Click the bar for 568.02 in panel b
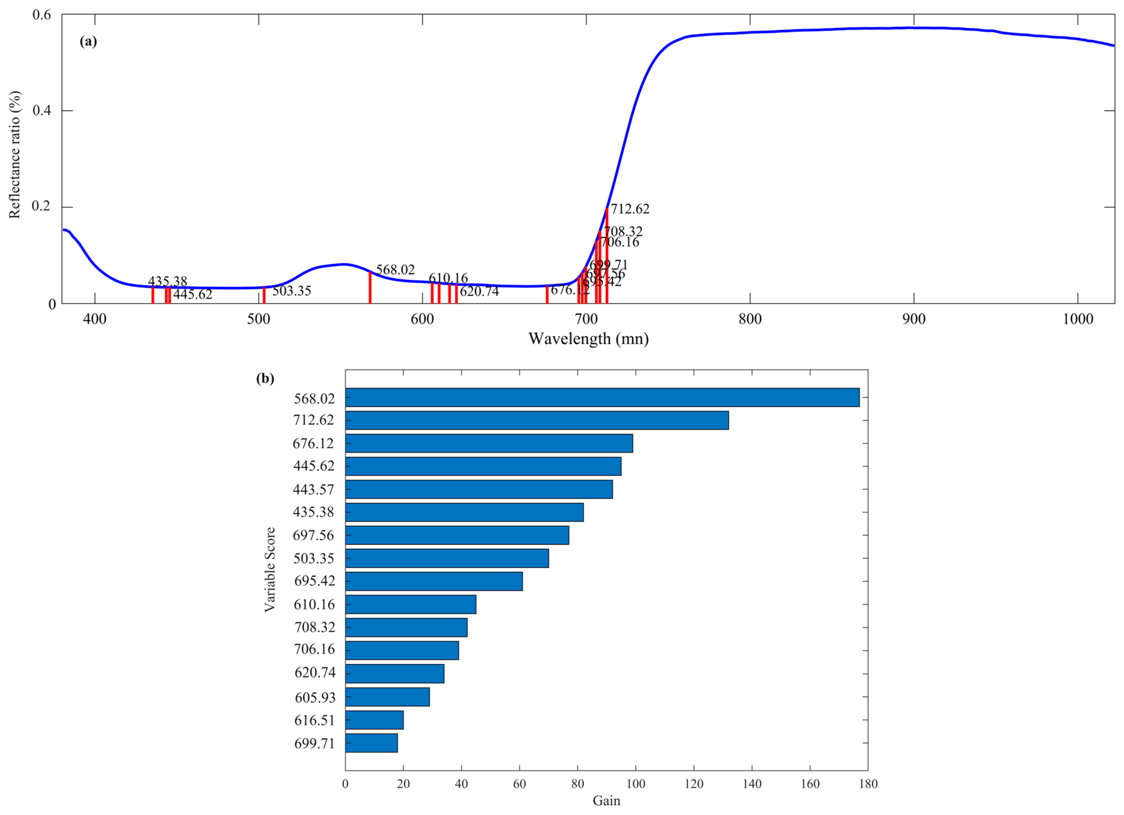point(602,397)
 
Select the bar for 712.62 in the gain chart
point(537,420)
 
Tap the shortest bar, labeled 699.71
point(371,743)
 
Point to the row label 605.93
point(315,697)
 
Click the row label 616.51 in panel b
point(315,720)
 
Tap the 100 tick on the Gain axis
point(636,784)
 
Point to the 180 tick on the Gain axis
point(868,784)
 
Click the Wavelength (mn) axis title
point(588,338)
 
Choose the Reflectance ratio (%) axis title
point(15,155)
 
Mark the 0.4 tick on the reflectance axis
point(42,110)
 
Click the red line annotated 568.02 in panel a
point(370,287)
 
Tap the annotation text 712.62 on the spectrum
point(630,209)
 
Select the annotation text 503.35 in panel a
point(291,290)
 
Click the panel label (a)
point(88,41)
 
